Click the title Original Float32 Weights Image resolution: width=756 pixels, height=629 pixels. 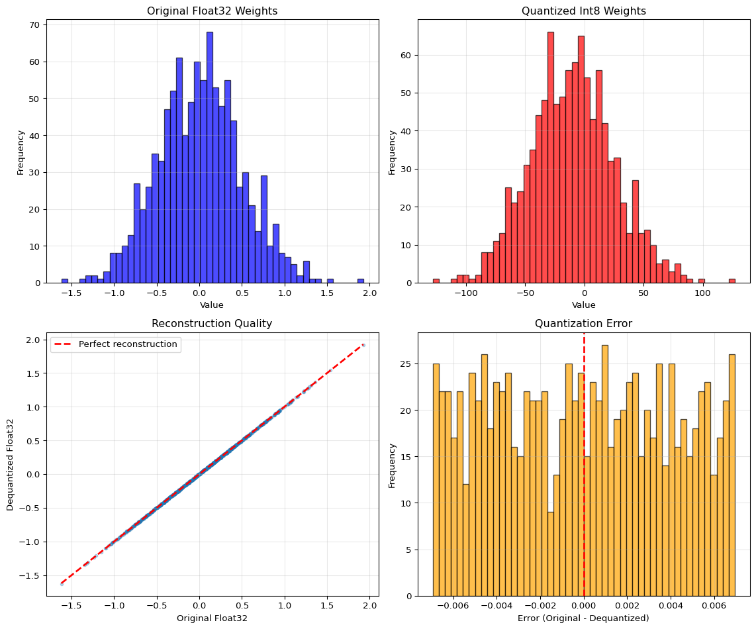tap(213, 11)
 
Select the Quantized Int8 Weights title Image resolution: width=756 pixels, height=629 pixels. tap(583, 11)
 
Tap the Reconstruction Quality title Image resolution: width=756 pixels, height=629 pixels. tap(213, 324)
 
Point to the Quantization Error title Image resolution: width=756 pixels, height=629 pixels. tap(583, 324)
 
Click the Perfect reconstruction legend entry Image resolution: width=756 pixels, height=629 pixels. tap(128, 344)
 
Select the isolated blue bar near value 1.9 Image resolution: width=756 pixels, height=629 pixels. tap(361, 281)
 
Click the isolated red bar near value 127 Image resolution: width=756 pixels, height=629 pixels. tap(732, 281)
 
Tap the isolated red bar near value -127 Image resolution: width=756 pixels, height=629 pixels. tap(436, 281)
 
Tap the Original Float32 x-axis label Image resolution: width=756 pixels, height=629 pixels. tap(213, 618)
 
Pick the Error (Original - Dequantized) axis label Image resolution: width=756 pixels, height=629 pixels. tap(583, 618)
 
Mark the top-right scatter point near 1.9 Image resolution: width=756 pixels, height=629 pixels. tap(363, 344)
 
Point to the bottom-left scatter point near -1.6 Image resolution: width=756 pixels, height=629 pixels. tap(62, 584)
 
